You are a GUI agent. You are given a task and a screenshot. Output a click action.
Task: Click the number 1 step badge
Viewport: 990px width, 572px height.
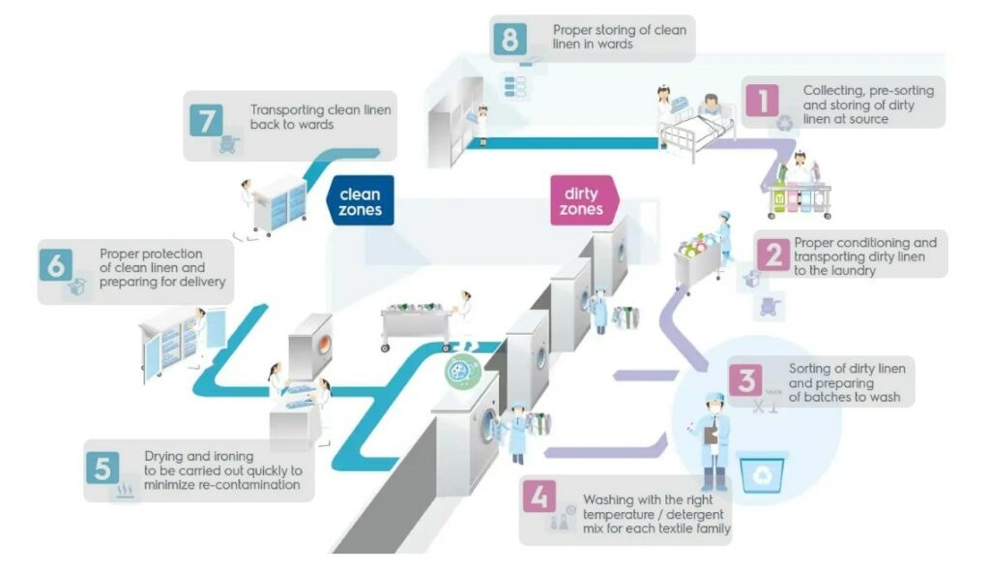point(763,100)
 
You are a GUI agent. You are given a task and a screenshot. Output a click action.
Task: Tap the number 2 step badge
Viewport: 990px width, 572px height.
point(774,255)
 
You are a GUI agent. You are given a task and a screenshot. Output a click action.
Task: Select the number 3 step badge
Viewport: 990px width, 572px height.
point(745,379)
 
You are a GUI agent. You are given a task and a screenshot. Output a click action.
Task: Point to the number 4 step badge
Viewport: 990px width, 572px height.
point(540,497)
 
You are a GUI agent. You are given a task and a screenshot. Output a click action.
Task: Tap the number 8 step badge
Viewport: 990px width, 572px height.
point(510,38)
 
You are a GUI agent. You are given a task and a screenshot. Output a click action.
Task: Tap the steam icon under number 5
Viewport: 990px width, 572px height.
point(125,490)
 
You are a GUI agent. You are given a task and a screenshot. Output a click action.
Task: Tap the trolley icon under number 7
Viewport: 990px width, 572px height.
point(228,145)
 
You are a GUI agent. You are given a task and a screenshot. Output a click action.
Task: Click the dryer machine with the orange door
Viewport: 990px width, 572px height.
point(311,346)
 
